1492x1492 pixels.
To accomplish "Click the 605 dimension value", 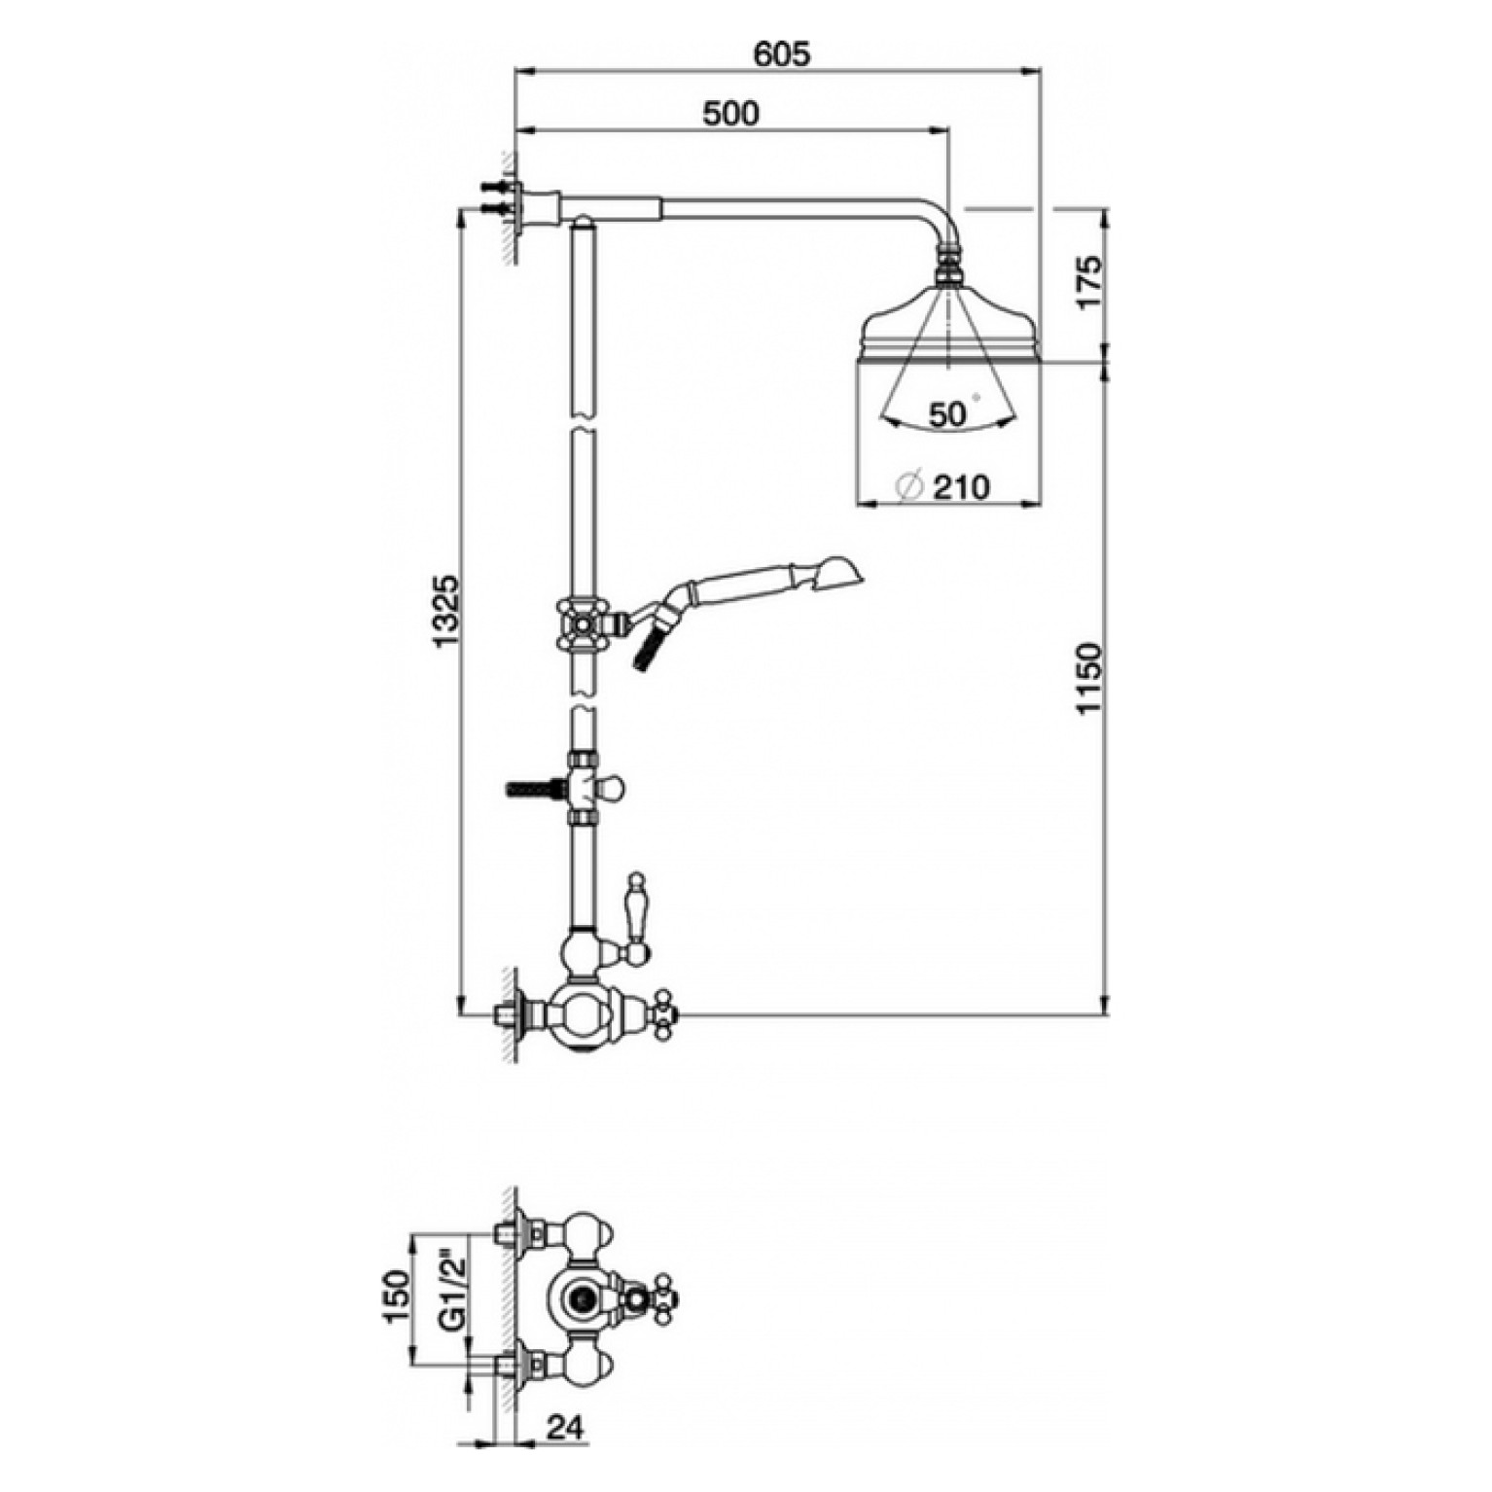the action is click(x=781, y=54).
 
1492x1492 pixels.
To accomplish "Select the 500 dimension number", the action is click(x=730, y=113).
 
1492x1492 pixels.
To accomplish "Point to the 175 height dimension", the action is click(x=1089, y=282).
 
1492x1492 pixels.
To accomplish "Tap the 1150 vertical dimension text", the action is click(x=1089, y=677).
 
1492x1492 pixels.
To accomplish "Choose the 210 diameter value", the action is click(x=960, y=486).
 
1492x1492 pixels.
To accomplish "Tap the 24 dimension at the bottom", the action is click(x=565, y=1429).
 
